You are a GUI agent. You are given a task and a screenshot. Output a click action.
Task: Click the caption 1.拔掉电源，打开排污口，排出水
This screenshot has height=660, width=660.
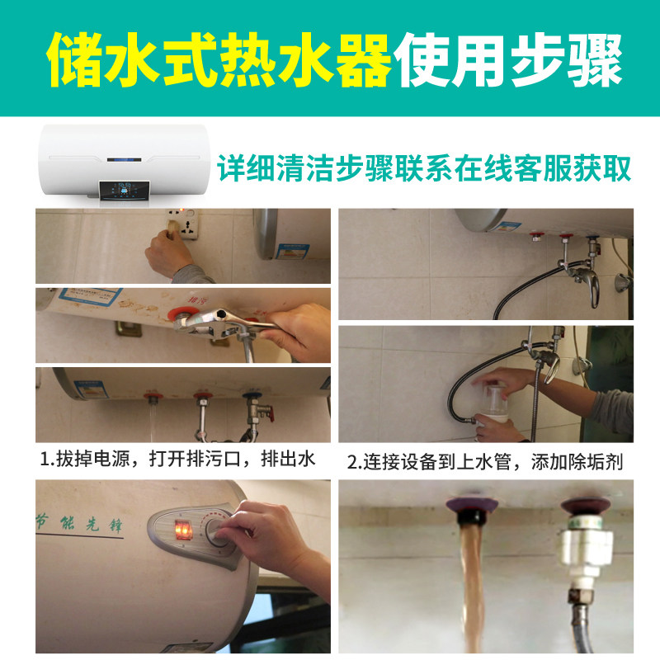(177, 460)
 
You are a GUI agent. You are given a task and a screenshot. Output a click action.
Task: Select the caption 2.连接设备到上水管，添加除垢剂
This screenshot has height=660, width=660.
(484, 462)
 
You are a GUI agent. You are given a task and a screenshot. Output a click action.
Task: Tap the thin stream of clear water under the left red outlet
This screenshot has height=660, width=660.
(152, 421)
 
